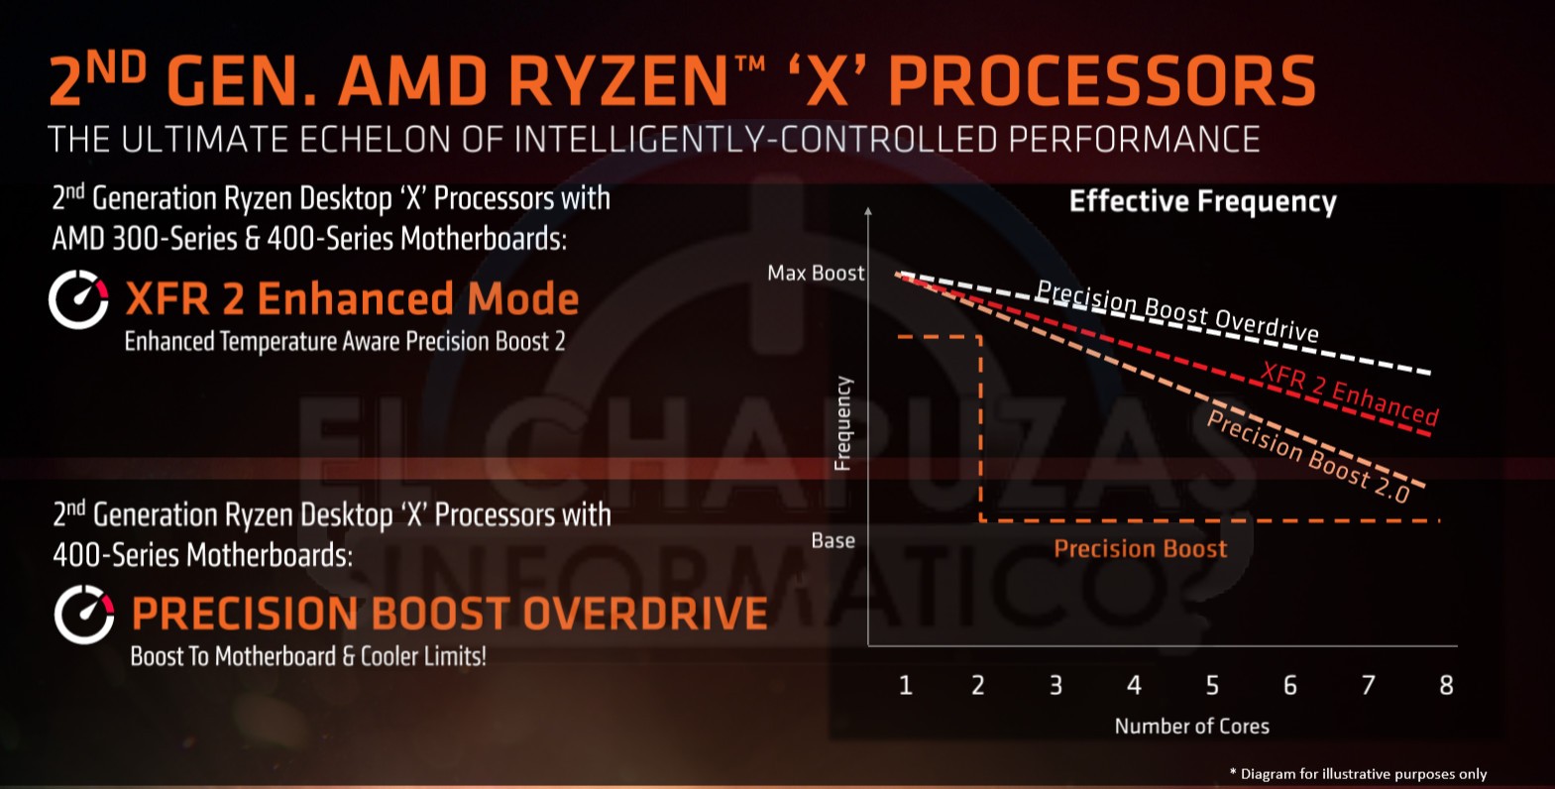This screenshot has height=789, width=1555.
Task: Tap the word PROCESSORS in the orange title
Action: tap(1101, 81)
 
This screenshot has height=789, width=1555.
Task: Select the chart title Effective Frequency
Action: tap(1202, 201)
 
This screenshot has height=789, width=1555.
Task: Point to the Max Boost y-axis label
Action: tap(816, 273)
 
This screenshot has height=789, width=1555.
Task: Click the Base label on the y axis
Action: tap(833, 540)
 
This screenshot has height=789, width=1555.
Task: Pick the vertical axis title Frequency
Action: tap(842, 423)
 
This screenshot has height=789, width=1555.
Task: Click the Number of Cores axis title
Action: tap(1191, 726)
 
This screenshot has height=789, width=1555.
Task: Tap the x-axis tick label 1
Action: tap(905, 685)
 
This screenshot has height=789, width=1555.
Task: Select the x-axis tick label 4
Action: tap(1134, 685)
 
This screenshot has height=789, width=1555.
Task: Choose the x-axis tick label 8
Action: tap(1446, 685)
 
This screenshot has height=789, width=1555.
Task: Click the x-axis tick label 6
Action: tap(1289, 685)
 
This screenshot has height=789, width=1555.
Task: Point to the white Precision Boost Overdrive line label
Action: tap(1177, 310)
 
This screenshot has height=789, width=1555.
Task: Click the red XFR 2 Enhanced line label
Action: tap(1349, 394)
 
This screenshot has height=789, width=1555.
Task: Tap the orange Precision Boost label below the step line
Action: tap(1140, 549)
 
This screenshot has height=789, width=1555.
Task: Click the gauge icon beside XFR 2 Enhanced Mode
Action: tap(78, 299)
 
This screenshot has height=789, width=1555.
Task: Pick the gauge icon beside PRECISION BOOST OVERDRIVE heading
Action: tap(84, 615)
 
